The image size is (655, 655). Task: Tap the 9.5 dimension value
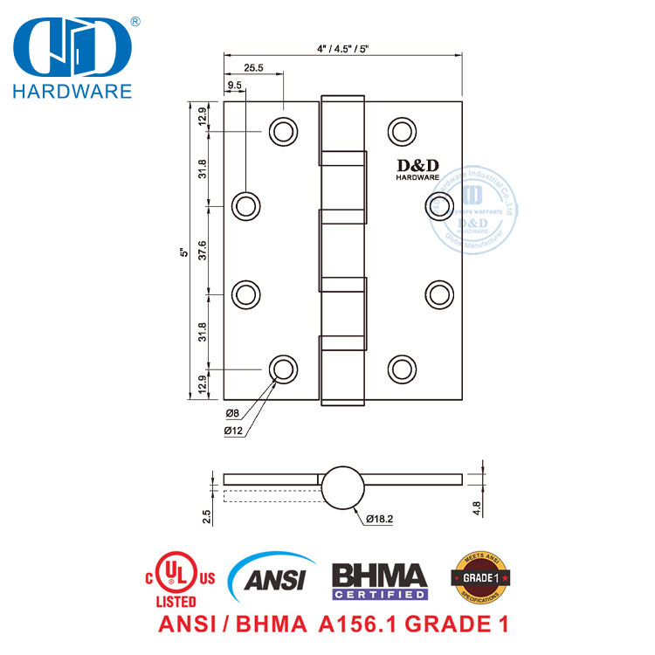[x=235, y=86]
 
